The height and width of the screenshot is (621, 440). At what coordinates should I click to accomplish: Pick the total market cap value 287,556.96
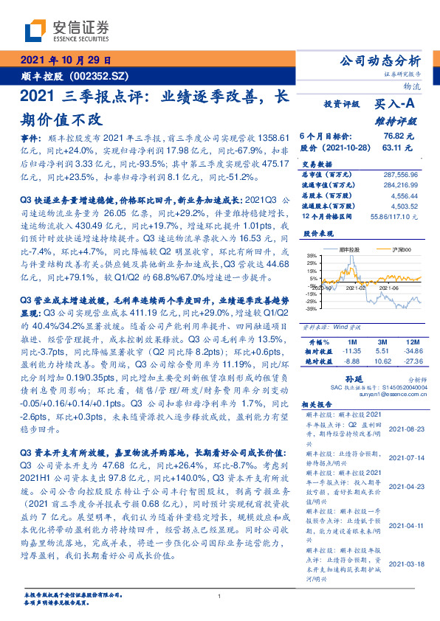point(401,174)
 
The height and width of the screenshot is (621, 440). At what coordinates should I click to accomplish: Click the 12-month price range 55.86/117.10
point(397,215)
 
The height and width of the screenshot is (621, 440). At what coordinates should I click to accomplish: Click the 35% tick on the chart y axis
point(312,256)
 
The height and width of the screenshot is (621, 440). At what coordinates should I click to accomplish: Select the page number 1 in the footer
point(220,597)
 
